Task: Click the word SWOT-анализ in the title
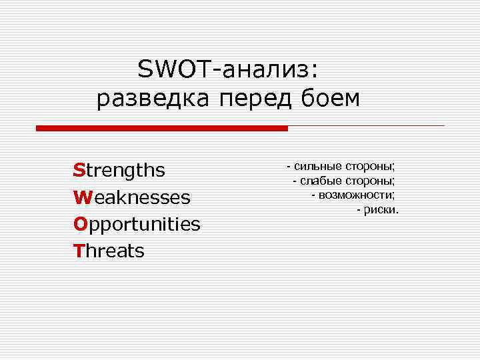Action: [228, 68]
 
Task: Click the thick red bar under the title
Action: [162, 127]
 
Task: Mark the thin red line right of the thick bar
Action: [367, 125]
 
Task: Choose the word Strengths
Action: [119, 171]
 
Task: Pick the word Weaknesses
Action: [132, 198]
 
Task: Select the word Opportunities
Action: [137, 225]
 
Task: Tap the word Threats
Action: [109, 251]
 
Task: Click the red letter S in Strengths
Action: [79, 171]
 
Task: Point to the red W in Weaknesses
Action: [81, 198]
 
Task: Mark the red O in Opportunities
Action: [79, 225]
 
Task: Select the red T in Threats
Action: [78, 251]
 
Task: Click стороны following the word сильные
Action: [370, 166]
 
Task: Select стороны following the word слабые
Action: [370, 181]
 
